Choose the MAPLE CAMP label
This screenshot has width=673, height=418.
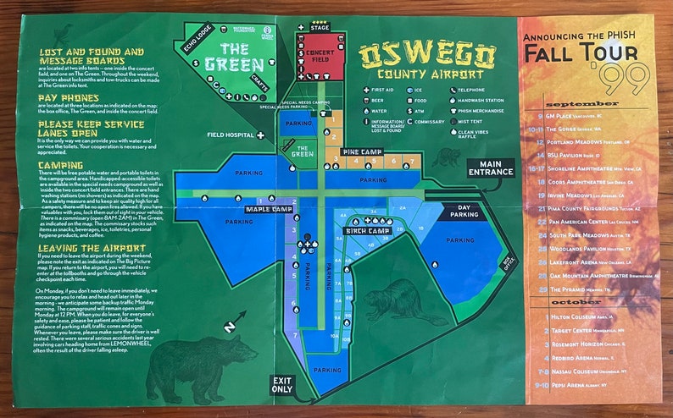(270, 209)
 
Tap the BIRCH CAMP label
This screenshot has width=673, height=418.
(367, 230)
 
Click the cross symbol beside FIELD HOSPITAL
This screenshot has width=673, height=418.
(261, 135)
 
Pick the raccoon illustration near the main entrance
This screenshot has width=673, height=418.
(446, 157)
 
